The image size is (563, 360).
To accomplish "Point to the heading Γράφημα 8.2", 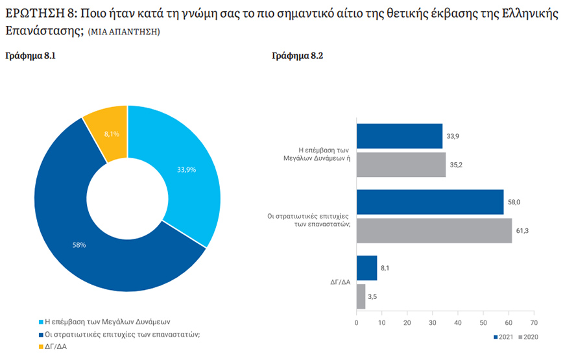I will pyautogui.click(x=298, y=56).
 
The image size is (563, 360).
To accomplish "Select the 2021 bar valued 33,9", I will pyautogui.click(x=400, y=136).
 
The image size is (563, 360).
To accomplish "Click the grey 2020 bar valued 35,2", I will pyautogui.click(x=401, y=165).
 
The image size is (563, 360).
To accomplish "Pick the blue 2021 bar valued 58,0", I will pyautogui.click(x=430, y=202).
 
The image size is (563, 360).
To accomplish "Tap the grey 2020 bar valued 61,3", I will pyautogui.click(x=434, y=230).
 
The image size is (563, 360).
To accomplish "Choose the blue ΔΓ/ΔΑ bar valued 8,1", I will pyautogui.click(x=366, y=268).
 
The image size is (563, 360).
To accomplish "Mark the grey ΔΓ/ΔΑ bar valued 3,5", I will pyautogui.click(x=361, y=296).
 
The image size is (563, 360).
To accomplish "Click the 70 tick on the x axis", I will pyautogui.click(x=533, y=322).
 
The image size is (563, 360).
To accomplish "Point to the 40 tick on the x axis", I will pyautogui.click(x=458, y=322).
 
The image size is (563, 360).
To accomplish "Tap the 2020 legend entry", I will pyautogui.click(x=529, y=337).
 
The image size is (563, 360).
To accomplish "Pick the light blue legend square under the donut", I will pyautogui.click(x=40, y=322).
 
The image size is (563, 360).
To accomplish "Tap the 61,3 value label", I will pyautogui.click(x=521, y=230).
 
